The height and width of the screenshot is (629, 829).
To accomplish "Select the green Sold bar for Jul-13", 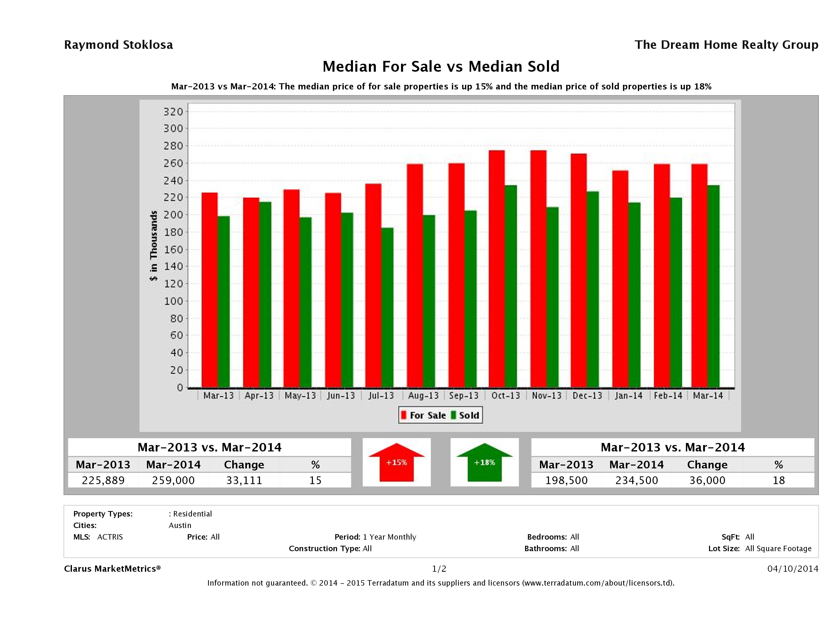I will (x=387, y=307).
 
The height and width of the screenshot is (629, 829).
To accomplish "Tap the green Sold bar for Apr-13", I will (x=265, y=294).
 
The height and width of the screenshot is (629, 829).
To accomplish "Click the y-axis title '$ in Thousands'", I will (x=154, y=246).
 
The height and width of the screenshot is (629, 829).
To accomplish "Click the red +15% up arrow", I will (x=396, y=462).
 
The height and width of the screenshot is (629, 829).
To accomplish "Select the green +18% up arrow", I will (x=485, y=462).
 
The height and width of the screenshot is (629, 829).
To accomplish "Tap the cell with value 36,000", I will (x=707, y=480).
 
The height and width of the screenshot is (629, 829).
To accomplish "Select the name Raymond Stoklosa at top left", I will (x=118, y=45).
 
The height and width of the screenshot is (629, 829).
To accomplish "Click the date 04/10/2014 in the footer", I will (x=792, y=569).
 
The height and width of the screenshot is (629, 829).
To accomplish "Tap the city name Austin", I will (x=180, y=525).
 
